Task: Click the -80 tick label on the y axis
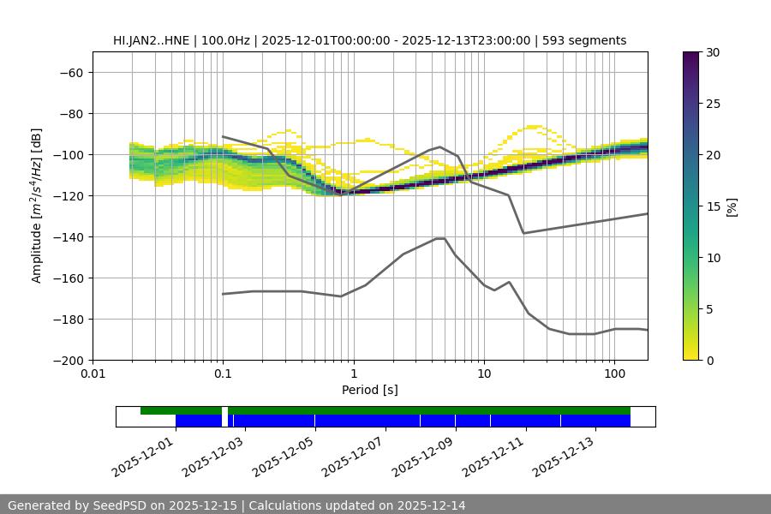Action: (x=70, y=113)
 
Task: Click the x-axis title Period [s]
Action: (x=370, y=391)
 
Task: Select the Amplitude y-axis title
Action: (x=37, y=206)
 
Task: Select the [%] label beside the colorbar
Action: (x=732, y=206)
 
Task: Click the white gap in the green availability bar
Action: (x=224, y=410)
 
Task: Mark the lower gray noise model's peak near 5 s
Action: (x=440, y=238)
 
